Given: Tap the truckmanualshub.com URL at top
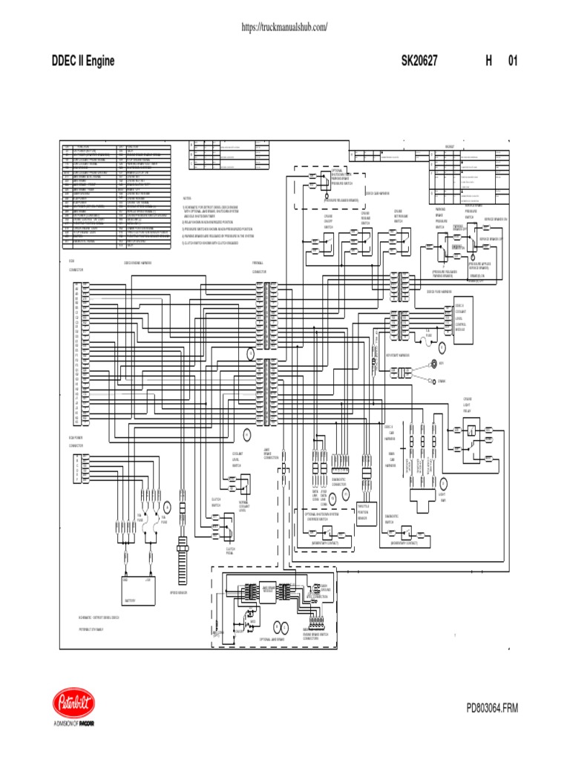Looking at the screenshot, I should pos(285,27).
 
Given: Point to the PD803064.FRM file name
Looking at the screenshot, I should pos(491,709).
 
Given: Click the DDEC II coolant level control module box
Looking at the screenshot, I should pos(460,318).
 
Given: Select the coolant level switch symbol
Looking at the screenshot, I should pos(241,484).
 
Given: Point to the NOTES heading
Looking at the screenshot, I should pos(186,199).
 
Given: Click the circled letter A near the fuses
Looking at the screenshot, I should pos(168,507).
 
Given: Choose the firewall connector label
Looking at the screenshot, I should pos(258,266).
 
